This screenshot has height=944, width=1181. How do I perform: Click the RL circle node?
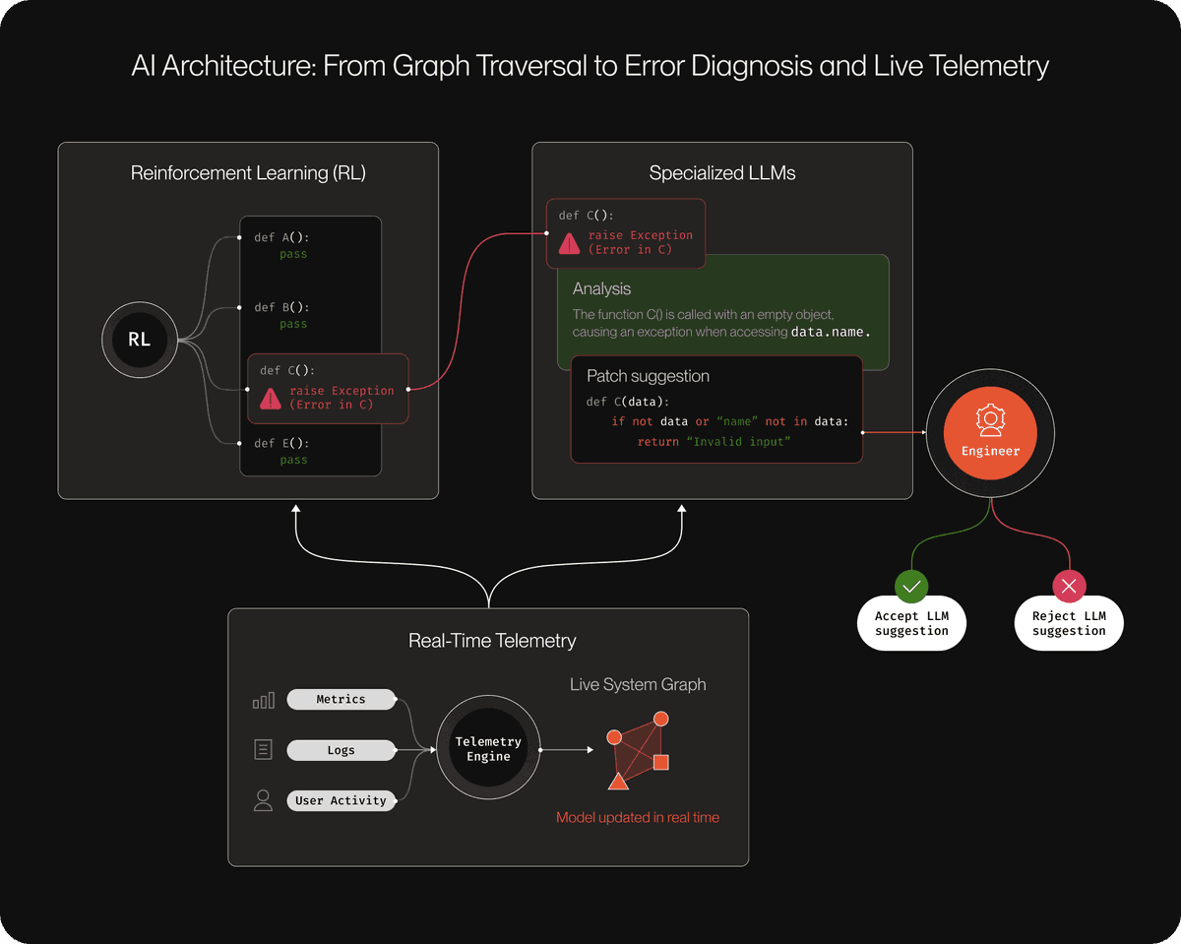[140, 340]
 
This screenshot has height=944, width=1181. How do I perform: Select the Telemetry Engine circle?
[488, 749]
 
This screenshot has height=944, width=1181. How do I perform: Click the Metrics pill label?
[341, 699]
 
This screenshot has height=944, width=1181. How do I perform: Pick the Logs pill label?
[341, 750]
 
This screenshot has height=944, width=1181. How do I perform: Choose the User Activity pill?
[341, 800]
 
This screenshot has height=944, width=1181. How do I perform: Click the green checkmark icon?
[911, 587]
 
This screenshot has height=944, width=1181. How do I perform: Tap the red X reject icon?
[1069, 587]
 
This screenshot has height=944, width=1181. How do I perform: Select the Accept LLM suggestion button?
[911, 623]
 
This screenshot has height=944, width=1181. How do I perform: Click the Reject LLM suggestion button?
[1069, 623]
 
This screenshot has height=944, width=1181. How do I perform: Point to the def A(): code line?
[281, 237]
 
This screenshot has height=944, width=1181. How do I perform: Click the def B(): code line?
[281, 307]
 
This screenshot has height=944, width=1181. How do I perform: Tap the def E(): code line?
[281, 443]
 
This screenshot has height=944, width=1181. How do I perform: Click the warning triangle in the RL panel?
[271, 398]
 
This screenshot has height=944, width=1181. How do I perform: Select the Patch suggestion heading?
[648, 376]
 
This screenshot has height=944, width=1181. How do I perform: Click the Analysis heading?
[601, 288]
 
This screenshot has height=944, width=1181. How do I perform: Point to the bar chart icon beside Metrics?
[264, 700]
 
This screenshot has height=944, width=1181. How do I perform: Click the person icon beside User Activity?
[263, 800]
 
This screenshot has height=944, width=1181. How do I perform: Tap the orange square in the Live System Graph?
[661, 762]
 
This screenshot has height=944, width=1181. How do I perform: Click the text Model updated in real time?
[638, 817]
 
